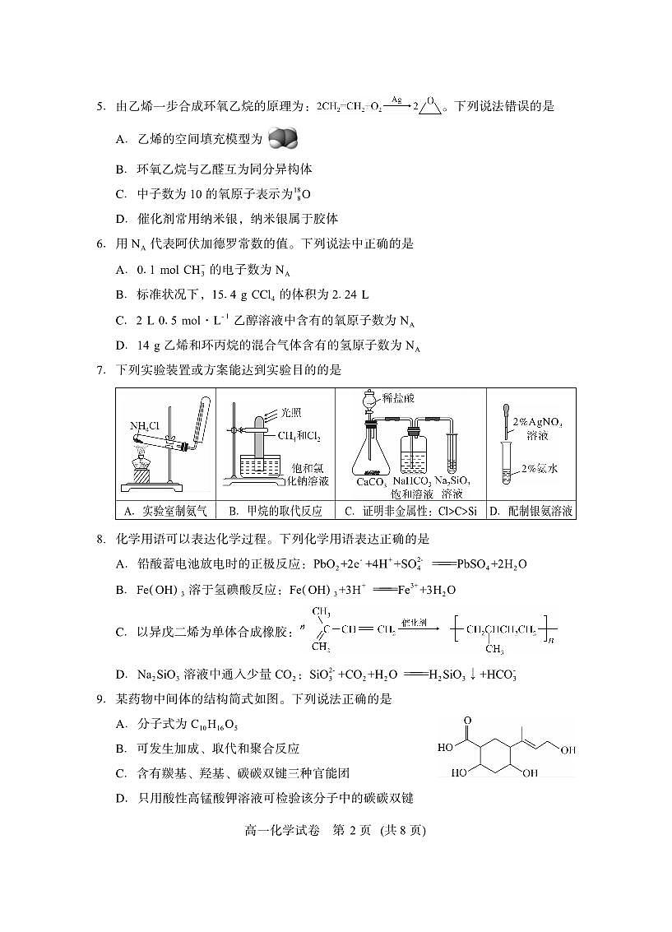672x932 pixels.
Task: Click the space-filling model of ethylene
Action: tap(282, 138)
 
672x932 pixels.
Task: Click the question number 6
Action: tap(100, 243)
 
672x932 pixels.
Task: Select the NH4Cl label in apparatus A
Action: tap(144, 425)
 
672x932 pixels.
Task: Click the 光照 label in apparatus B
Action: tap(292, 412)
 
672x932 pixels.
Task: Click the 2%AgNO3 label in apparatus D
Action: tap(537, 421)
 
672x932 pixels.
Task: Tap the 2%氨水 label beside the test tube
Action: tap(540, 469)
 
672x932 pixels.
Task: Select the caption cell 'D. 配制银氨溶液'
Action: tap(531, 511)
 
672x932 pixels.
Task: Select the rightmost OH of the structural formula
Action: tap(568, 749)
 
